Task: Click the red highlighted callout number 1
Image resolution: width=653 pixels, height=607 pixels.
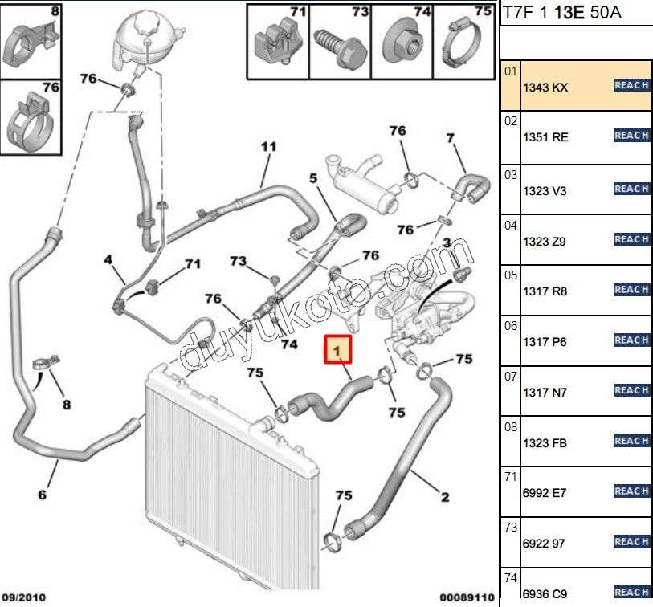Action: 338,350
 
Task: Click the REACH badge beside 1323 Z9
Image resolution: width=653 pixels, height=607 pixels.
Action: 631,239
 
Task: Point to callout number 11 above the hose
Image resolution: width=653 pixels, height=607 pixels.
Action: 268,147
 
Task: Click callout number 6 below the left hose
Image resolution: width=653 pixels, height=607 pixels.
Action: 43,495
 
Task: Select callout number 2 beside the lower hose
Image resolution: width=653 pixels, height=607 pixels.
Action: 445,498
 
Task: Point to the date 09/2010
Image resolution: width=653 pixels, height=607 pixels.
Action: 25,597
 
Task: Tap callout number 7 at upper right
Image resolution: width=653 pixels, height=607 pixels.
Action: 451,139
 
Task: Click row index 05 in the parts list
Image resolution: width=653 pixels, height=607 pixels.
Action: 510,274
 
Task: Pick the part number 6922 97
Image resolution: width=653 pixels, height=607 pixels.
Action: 544,544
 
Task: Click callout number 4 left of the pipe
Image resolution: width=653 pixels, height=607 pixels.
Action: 108,259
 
